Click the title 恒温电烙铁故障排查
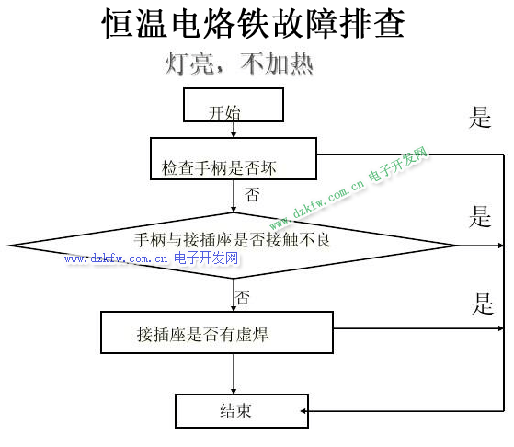coord(253,24)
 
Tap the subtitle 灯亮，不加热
coord(239,63)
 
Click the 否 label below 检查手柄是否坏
coord(252,194)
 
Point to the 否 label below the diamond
coord(243,297)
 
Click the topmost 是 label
coord(480,117)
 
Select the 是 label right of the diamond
coord(480,216)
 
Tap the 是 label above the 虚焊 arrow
coord(482,304)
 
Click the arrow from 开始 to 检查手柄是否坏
coord(234,130)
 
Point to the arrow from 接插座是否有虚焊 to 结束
coord(234,373)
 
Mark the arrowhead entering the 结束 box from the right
coord(303,411)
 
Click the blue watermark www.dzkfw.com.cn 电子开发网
coord(152,258)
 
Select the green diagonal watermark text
coord(349,188)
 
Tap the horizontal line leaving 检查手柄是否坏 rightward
coord(410,155)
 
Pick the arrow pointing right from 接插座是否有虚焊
coord(418,328)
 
